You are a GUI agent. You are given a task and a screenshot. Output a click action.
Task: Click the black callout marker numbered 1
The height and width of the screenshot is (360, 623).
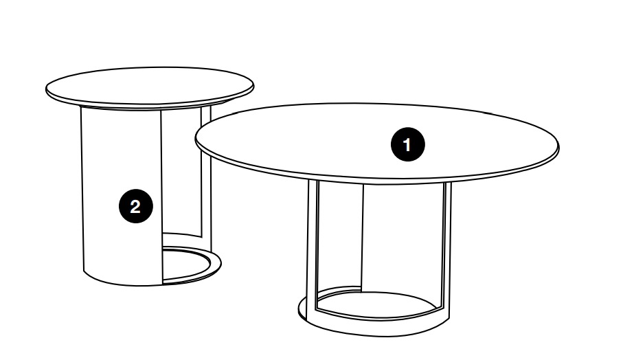pyautogui.click(x=407, y=144)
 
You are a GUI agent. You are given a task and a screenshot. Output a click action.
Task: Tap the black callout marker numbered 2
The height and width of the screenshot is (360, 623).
pyautogui.click(x=136, y=206)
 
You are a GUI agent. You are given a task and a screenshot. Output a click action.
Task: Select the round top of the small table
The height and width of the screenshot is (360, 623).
pyautogui.click(x=149, y=87)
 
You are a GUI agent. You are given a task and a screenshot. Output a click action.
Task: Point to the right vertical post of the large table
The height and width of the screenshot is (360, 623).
pyautogui.click(x=446, y=245)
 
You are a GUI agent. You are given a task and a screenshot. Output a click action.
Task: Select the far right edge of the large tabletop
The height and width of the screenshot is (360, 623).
pyautogui.click(x=558, y=148)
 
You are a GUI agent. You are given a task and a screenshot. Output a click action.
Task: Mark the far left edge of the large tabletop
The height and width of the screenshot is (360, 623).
pyautogui.click(x=196, y=139)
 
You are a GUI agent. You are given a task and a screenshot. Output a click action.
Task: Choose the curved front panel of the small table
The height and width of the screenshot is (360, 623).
pyautogui.click(x=122, y=194)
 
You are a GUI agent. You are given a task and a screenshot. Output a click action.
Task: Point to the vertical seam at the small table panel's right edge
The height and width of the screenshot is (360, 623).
pyautogui.click(x=161, y=196)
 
